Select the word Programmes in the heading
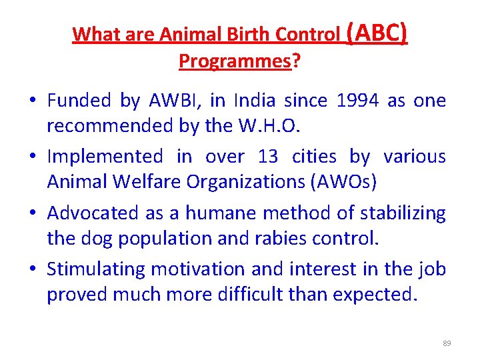235,61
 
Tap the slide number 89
447,343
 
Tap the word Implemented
105,157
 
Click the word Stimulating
96,269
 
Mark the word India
254,101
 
